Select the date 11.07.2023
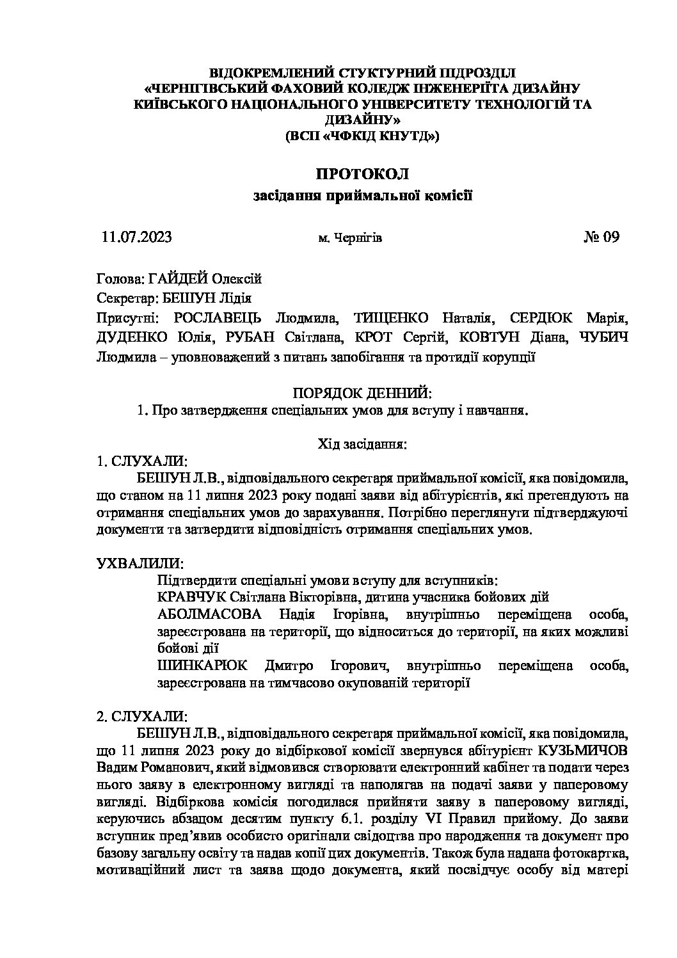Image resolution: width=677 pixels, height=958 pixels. (x=137, y=237)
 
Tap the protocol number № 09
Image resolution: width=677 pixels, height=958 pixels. (x=601, y=237)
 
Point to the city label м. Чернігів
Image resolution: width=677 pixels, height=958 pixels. (x=350, y=239)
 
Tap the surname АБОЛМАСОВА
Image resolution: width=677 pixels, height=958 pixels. (x=209, y=615)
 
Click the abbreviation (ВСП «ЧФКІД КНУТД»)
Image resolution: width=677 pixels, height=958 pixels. (x=362, y=136)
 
